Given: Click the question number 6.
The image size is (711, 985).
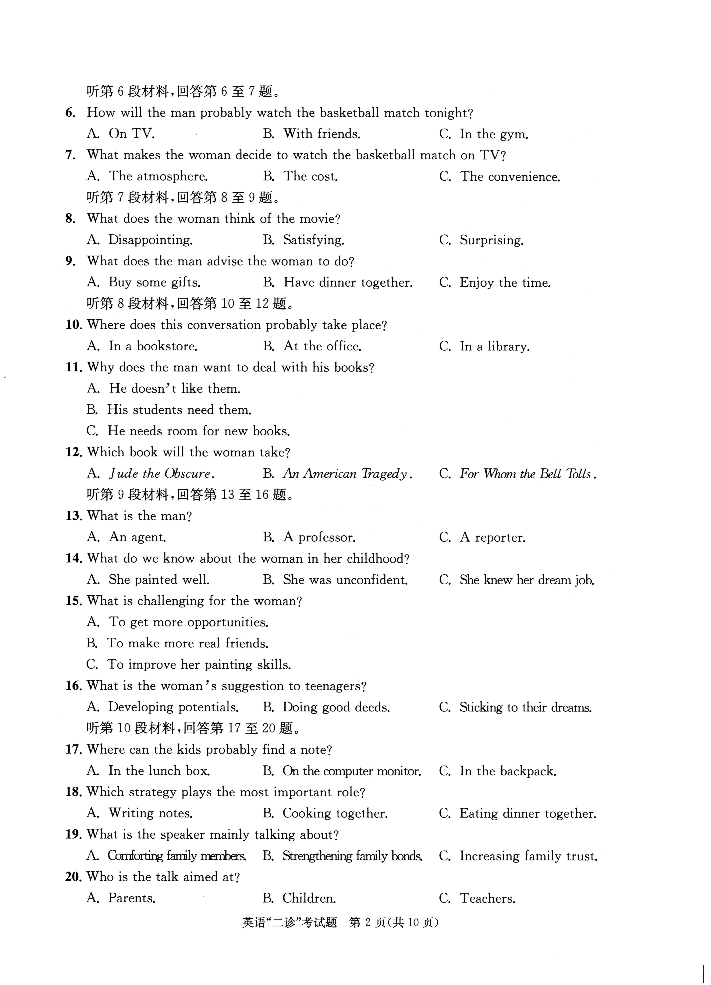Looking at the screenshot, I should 70,113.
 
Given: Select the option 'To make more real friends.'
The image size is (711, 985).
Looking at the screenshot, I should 188,643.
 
